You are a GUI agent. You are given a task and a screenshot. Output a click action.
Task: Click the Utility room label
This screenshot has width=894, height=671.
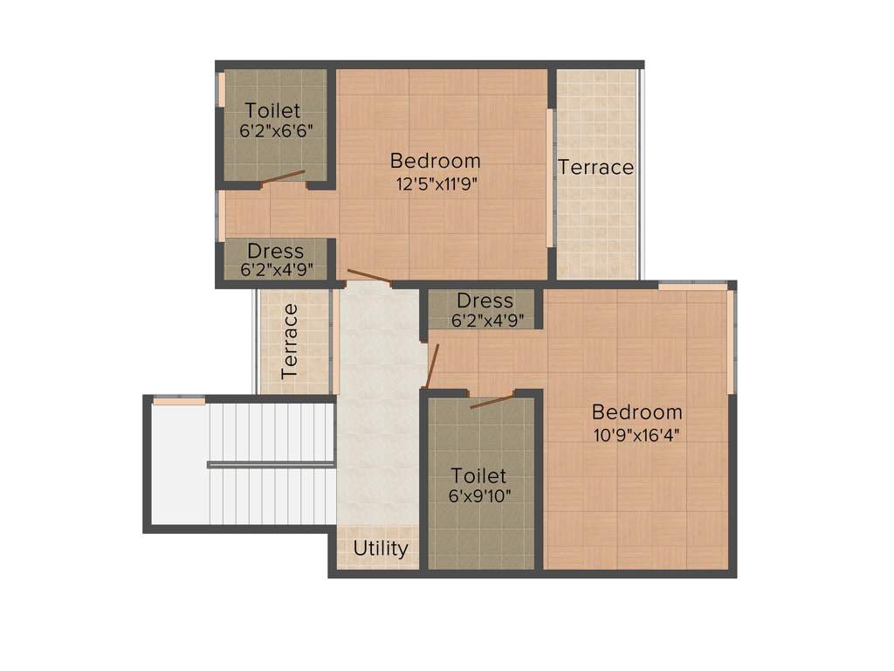380,549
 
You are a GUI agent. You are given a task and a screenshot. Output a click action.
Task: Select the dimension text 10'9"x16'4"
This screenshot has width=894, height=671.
636,434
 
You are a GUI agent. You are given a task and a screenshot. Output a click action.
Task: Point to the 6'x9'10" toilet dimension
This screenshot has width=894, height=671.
478,497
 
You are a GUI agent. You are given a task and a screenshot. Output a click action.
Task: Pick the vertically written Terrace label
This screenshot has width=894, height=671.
290,341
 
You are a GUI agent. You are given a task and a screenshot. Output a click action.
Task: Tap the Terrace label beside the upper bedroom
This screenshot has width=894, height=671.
595,167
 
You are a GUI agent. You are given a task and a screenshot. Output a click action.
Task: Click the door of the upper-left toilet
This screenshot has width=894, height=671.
283,176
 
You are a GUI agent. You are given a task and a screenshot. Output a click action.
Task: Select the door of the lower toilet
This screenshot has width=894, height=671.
492,401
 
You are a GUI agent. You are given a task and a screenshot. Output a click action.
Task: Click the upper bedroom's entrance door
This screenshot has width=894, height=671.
368,277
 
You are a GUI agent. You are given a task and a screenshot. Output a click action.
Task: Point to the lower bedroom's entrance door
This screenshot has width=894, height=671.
431,365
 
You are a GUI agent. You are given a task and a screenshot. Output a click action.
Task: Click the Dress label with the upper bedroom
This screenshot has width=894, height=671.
275,252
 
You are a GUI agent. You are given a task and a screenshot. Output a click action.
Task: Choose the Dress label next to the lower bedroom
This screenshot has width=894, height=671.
485,301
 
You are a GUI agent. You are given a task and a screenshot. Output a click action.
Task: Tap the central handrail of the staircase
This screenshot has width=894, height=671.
272,465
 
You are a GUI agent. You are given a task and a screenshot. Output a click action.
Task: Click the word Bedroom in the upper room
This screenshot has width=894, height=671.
435,161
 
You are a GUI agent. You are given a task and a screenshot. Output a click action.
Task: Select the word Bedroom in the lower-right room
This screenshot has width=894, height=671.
636,412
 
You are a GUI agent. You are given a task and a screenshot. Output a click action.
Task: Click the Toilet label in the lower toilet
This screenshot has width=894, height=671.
478,476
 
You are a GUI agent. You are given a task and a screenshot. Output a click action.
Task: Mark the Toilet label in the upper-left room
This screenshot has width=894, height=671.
272,110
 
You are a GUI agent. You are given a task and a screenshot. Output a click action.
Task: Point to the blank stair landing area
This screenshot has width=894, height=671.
179,463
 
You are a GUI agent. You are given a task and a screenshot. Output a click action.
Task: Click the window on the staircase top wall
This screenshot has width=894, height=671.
179,400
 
